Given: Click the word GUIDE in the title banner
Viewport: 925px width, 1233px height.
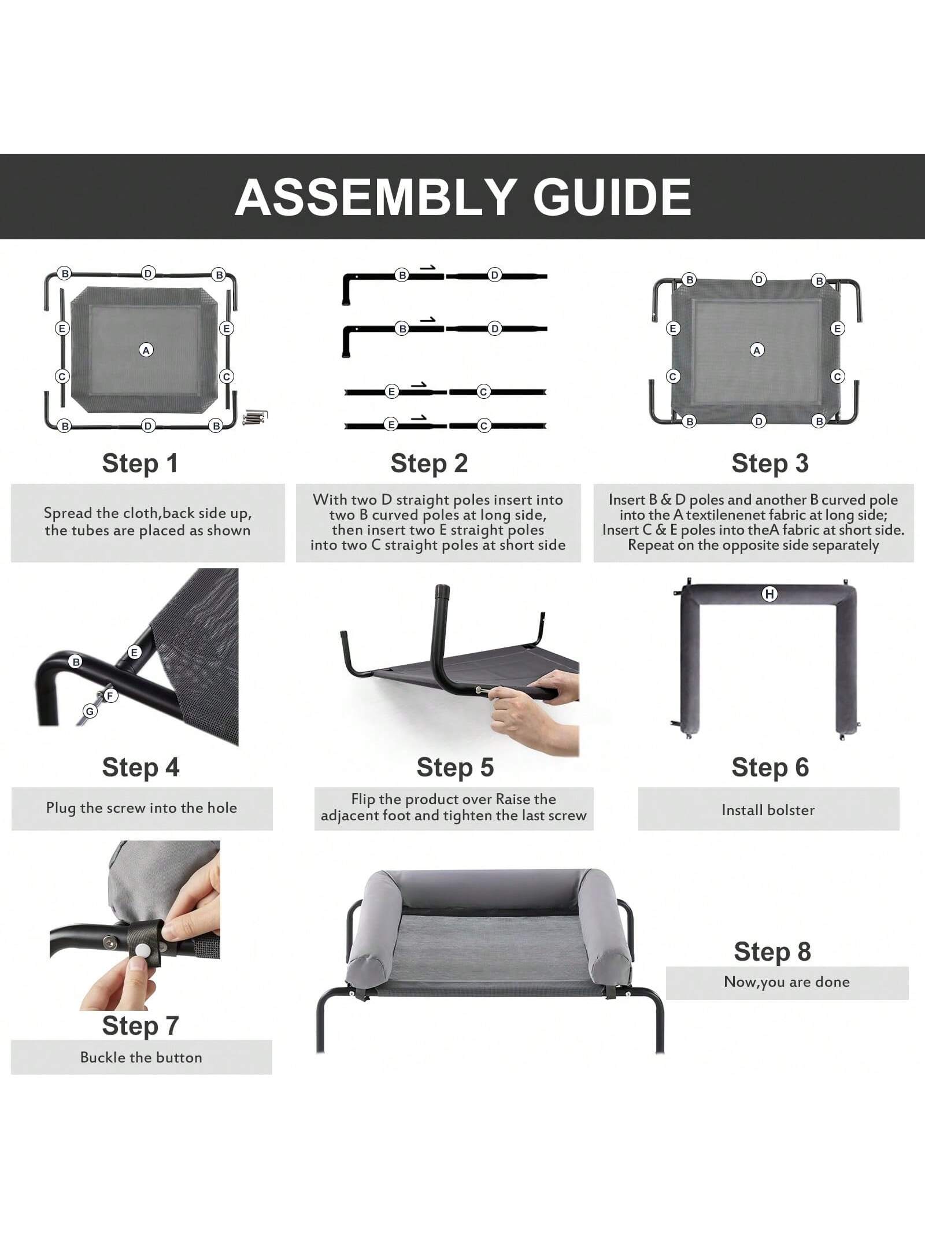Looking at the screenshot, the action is (x=612, y=197).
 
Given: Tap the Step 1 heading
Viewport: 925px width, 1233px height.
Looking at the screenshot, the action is (x=140, y=463).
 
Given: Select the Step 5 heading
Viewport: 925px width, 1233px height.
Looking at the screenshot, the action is (x=455, y=767).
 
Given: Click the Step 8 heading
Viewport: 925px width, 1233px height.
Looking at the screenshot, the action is (x=772, y=951).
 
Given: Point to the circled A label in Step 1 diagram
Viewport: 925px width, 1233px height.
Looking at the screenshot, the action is (x=146, y=350).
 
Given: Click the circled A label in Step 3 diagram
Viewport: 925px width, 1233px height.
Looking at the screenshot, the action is (x=757, y=350).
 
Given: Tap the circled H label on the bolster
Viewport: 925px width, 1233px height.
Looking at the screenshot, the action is (x=769, y=594).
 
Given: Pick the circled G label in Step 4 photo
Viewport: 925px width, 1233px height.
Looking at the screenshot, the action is (x=90, y=711).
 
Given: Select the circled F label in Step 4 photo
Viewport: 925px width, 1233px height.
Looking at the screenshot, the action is (x=110, y=695).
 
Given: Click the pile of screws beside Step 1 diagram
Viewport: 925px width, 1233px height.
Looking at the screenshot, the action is (x=255, y=417).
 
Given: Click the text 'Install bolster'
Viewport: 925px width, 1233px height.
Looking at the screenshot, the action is (x=768, y=810).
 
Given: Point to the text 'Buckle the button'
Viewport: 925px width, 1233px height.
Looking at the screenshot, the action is (x=141, y=1057).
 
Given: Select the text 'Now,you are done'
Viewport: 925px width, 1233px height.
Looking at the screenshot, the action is (x=787, y=982).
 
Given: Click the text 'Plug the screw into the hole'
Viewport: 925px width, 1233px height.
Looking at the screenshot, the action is (x=142, y=808).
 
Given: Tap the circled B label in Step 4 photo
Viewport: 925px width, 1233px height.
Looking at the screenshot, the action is (x=76, y=661).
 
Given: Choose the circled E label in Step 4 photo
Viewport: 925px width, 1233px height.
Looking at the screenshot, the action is (x=134, y=652).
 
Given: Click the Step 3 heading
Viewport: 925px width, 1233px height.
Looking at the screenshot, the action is (x=770, y=463).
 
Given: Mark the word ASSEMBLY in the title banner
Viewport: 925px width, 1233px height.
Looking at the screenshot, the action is (x=375, y=197).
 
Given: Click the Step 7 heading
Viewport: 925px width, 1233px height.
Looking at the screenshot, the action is (x=140, y=1026).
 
